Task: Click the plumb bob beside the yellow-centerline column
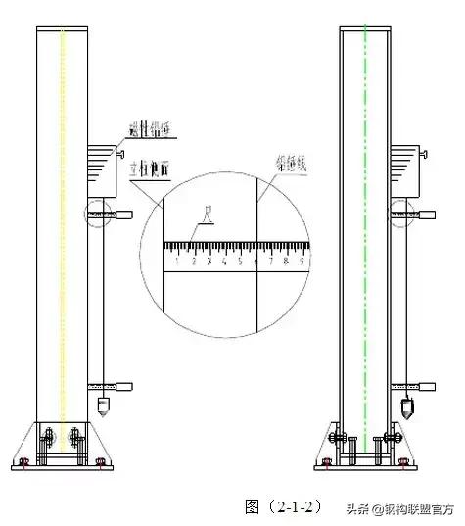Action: pyautogui.click(x=104, y=402)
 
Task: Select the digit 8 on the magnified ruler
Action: pyautogui.click(x=286, y=262)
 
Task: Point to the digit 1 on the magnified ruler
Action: pyautogui.click(x=177, y=262)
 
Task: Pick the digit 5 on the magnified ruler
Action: pyautogui.click(x=240, y=262)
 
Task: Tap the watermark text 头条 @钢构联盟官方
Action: pyautogui.click(x=395, y=507)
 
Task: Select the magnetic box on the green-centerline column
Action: pyautogui.click(x=407, y=167)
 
